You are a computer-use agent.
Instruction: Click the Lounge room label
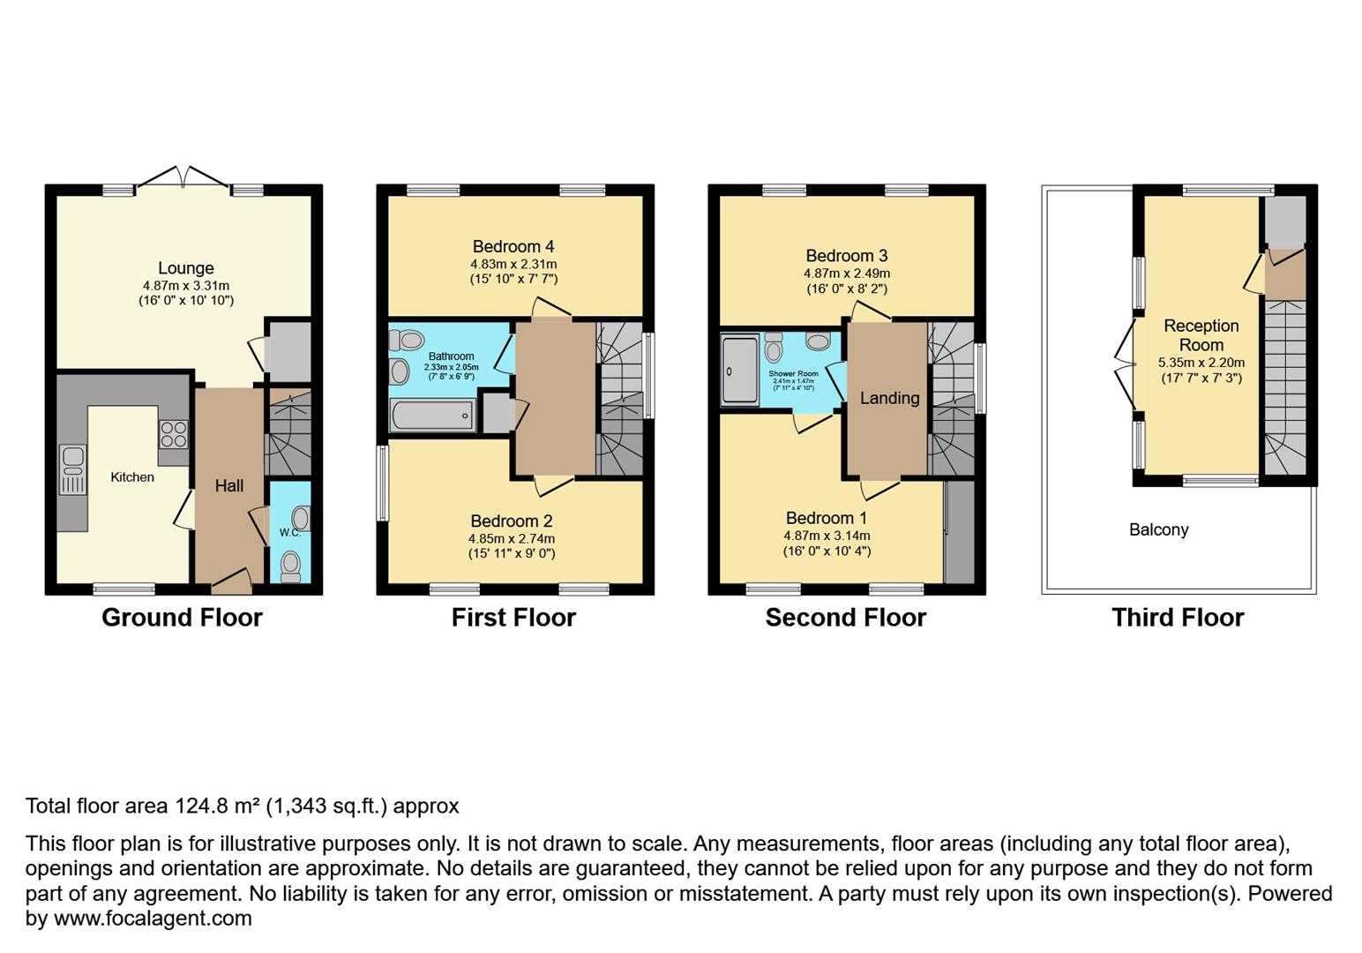[x=185, y=268]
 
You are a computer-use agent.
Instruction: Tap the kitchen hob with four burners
[x=173, y=435]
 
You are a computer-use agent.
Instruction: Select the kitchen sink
[x=73, y=469]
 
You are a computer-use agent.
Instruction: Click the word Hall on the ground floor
[x=229, y=485]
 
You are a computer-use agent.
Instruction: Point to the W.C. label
[x=289, y=532]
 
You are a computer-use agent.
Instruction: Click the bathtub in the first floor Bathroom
[x=432, y=415]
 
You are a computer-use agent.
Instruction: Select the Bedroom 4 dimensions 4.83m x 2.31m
[x=513, y=264]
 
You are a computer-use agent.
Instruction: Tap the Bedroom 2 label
[x=512, y=521]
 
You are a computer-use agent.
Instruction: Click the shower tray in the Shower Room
[x=739, y=370]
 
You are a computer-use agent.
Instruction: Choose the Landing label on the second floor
[x=889, y=398]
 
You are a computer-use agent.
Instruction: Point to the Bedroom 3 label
[x=846, y=256]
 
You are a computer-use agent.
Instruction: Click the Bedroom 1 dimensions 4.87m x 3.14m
[x=827, y=536]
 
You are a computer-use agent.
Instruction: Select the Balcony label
[x=1158, y=529]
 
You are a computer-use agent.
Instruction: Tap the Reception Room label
[x=1201, y=335]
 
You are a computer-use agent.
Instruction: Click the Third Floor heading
[x=1177, y=618]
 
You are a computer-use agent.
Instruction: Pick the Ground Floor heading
[x=182, y=618]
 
